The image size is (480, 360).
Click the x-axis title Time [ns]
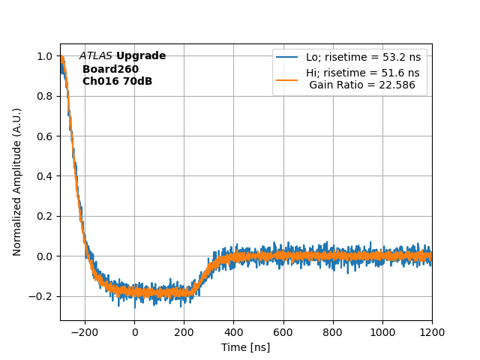(245, 347)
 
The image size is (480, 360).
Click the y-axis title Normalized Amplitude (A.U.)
(17, 181)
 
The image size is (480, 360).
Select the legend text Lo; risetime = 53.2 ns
(362, 57)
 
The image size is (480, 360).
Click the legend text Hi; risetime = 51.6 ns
(362, 73)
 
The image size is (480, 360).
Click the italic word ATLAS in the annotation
(96, 56)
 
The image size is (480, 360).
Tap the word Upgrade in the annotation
(141, 56)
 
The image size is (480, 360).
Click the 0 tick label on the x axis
(135, 332)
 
